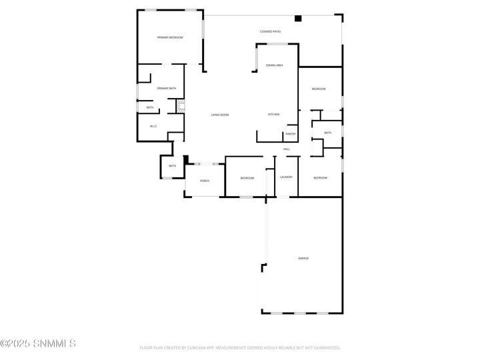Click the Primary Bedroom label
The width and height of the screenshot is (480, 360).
(x=170, y=37)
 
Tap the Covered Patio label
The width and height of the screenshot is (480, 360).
(x=270, y=31)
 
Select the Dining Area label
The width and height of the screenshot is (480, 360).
(x=275, y=65)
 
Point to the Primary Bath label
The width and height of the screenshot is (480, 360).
(x=167, y=89)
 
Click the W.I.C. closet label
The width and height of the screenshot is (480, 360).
(x=153, y=126)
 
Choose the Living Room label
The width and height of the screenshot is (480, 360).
(x=220, y=115)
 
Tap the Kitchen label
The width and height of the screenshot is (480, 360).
(x=273, y=115)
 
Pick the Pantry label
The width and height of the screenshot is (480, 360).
(x=290, y=134)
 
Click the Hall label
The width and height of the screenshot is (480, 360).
(x=286, y=149)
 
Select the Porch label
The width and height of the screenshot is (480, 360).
(x=205, y=181)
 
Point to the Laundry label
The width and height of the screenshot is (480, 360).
(x=287, y=177)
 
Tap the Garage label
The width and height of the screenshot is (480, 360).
(x=303, y=258)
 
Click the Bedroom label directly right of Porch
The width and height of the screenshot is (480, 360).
(x=247, y=178)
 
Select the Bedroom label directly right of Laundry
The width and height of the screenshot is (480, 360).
(x=320, y=177)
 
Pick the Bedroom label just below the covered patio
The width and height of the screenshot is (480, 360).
(x=319, y=89)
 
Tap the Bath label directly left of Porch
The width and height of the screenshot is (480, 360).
(x=172, y=166)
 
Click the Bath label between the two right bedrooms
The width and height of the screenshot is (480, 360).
(x=327, y=133)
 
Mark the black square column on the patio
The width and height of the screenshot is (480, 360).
(x=299, y=19)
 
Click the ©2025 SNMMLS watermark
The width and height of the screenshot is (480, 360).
(x=38, y=344)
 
